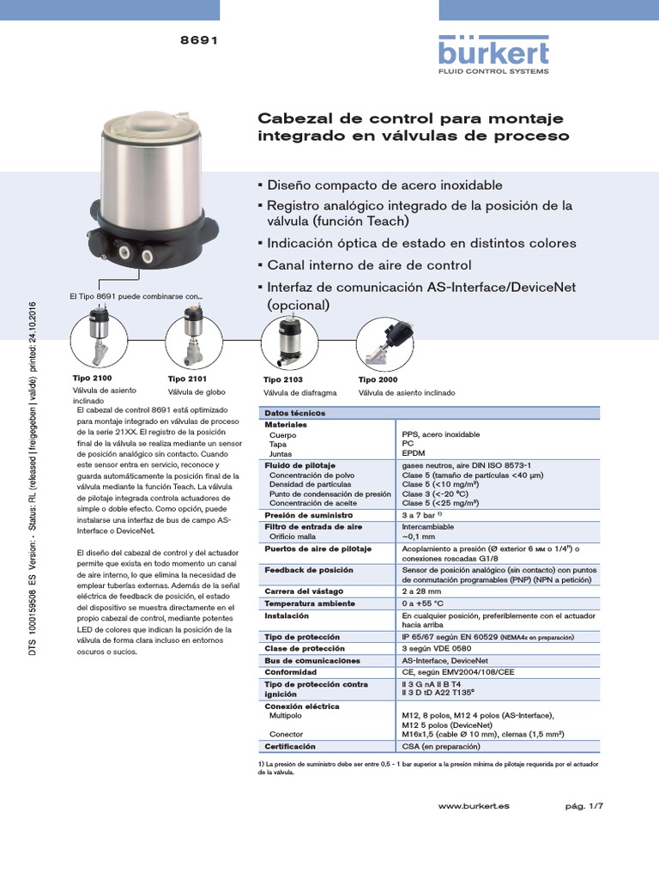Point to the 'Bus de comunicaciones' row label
pos(312,661)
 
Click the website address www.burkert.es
pos(474,807)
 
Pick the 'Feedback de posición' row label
pos(308,569)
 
